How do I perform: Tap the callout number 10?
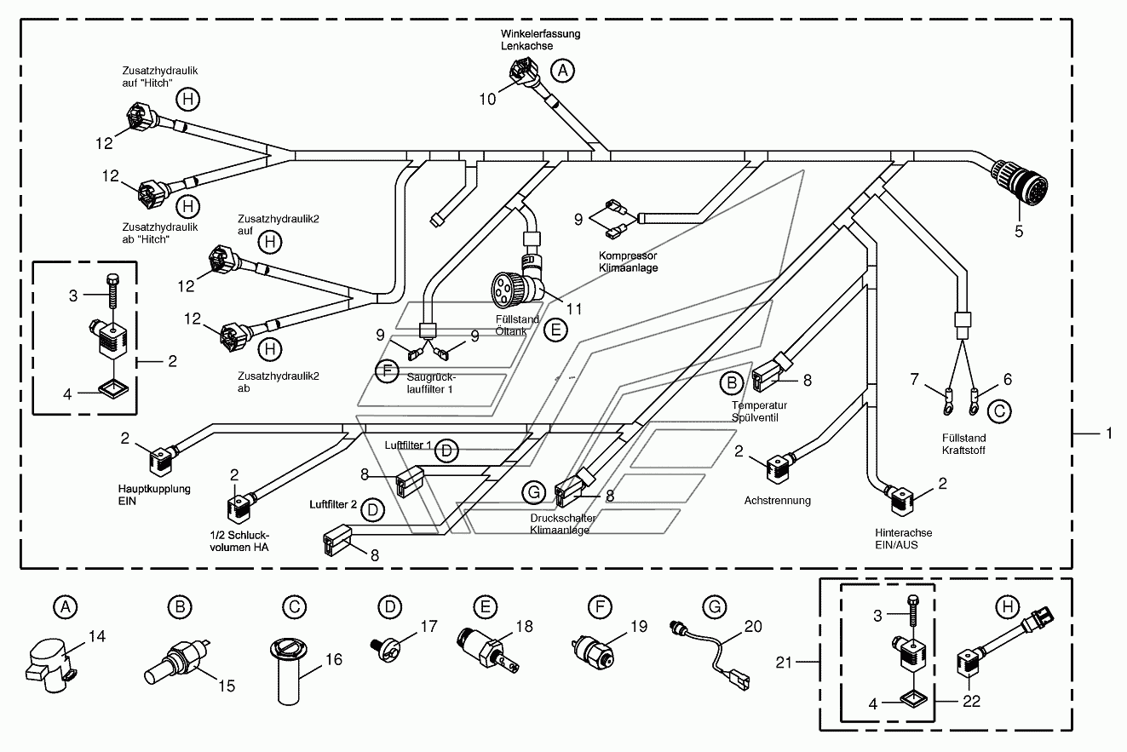pos(487,100)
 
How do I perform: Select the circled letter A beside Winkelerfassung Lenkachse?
pos(562,71)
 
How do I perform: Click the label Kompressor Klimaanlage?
pos(628,261)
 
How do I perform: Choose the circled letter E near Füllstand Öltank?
pos(555,330)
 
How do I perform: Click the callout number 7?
pos(915,379)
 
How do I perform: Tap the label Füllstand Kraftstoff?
pos(963,445)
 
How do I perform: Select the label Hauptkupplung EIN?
pos(154,495)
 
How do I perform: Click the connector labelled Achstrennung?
pos(779,468)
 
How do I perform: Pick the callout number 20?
pos(753,626)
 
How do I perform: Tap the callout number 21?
pos(784,663)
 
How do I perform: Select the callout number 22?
pos(971,701)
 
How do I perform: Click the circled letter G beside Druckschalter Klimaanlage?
pos(534,492)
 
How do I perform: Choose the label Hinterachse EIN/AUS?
pos(903,539)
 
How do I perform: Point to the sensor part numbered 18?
pos(488,651)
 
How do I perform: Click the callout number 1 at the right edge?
pos(1108,433)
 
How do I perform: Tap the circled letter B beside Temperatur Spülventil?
pos(732,383)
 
